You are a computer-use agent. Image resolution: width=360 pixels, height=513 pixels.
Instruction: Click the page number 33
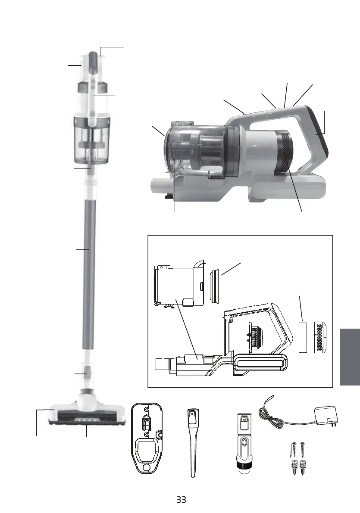pyautogui.click(x=181, y=500)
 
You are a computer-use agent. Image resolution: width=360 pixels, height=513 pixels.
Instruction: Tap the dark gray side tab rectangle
pyautogui.click(x=350, y=357)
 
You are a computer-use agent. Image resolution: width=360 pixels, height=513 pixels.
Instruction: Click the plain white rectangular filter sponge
pyautogui.click(x=304, y=338)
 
